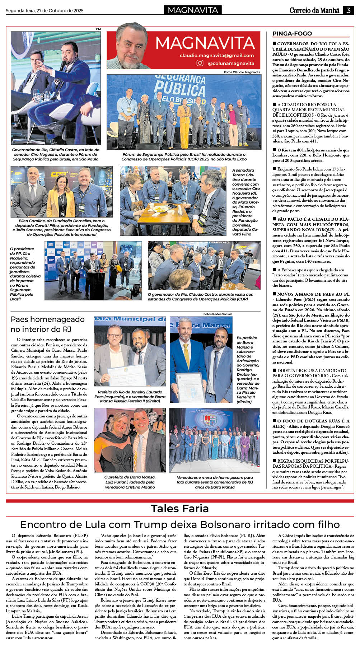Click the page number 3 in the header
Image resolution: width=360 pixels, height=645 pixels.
pos(348,10)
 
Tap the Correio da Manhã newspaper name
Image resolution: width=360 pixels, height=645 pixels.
pos(314,10)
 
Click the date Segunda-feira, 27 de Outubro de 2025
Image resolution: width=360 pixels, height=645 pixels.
pos(45,11)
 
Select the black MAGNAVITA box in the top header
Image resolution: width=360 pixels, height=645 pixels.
pos(193,10)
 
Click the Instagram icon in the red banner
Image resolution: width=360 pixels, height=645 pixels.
pos(200,63)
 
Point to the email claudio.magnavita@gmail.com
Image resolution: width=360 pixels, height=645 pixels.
pos(217,56)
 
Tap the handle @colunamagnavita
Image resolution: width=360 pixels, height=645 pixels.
pos(231,64)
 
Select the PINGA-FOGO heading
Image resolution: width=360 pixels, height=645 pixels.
pos(292,33)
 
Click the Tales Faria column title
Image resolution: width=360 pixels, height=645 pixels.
pos(180,508)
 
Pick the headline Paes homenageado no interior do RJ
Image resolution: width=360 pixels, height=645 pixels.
pos(48,324)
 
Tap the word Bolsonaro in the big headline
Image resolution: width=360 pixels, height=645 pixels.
pos(235,524)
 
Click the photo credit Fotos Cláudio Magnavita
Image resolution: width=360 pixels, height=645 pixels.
pos(242,72)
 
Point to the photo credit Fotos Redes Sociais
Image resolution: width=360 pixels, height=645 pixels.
pos(218,314)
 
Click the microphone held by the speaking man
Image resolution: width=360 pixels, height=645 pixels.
pos(62,65)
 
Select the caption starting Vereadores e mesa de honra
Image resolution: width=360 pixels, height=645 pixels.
pos(215,482)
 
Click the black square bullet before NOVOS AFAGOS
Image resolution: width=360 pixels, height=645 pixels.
pos(274,294)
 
